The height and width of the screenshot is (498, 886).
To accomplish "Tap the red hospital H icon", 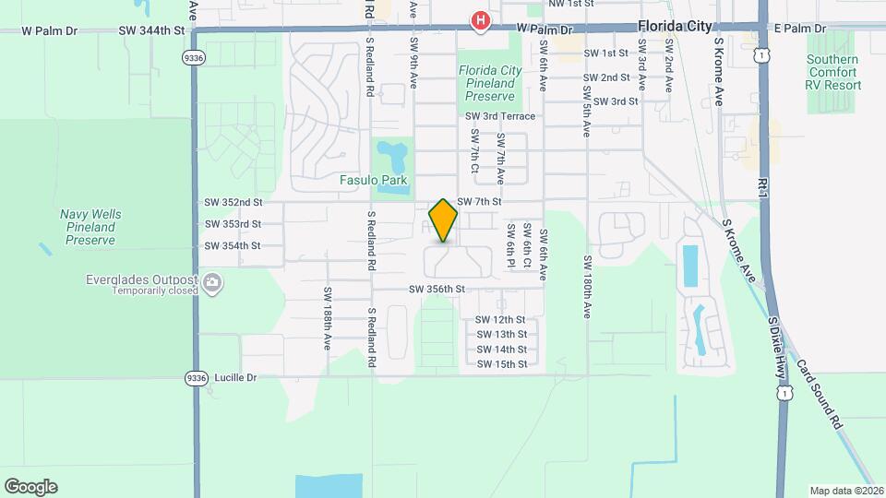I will click(x=480, y=20).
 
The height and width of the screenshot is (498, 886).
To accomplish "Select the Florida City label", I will click(x=674, y=27).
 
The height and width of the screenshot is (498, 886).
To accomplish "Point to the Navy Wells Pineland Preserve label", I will click(x=90, y=227).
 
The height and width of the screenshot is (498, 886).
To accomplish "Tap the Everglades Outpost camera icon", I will click(x=213, y=282).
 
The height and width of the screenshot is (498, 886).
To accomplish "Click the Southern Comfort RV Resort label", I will click(x=833, y=73).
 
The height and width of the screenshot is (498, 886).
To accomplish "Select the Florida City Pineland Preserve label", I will click(x=489, y=83).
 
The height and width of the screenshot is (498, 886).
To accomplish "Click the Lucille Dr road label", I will click(x=234, y=377).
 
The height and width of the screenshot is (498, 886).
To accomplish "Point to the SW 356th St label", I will click(x=437, y=290).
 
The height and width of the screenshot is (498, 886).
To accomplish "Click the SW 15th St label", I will click(x=501, y=364).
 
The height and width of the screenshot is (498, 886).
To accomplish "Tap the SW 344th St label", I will click(x=152, y=30).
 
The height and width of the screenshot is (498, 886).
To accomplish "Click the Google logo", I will click(x=30, y=487).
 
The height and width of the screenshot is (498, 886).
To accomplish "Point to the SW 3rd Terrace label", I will click(x=500, y=116).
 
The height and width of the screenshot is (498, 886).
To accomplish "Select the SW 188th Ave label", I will click(x=327, y=317).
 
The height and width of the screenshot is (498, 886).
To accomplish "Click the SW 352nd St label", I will click(x=233, y=202).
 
